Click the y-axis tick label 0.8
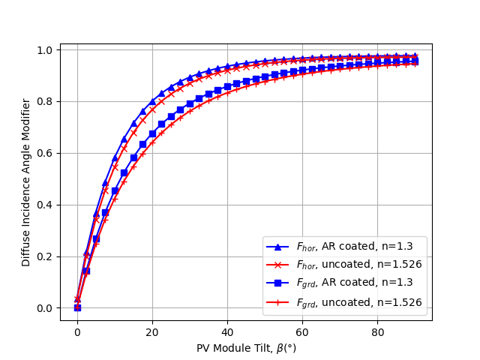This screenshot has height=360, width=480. tap(46, 101)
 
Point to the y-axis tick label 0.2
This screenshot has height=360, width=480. tap(46, 256)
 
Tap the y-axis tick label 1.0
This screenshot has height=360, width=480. tap(46, 50)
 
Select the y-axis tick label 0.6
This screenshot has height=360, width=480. tap(46, 153)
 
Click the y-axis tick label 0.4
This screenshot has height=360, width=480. tap(46, 205)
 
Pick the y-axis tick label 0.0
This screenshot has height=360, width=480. tap(46, 308)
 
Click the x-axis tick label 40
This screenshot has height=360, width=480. tap(227, 331)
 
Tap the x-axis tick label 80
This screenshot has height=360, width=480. tap(377, 331)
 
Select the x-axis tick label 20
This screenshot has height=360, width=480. tap(152, 331)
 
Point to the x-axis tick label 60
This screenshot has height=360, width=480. tap(302, 331)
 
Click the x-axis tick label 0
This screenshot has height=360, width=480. tap(77, 331)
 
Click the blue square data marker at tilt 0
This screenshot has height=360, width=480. tap(77, 307)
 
